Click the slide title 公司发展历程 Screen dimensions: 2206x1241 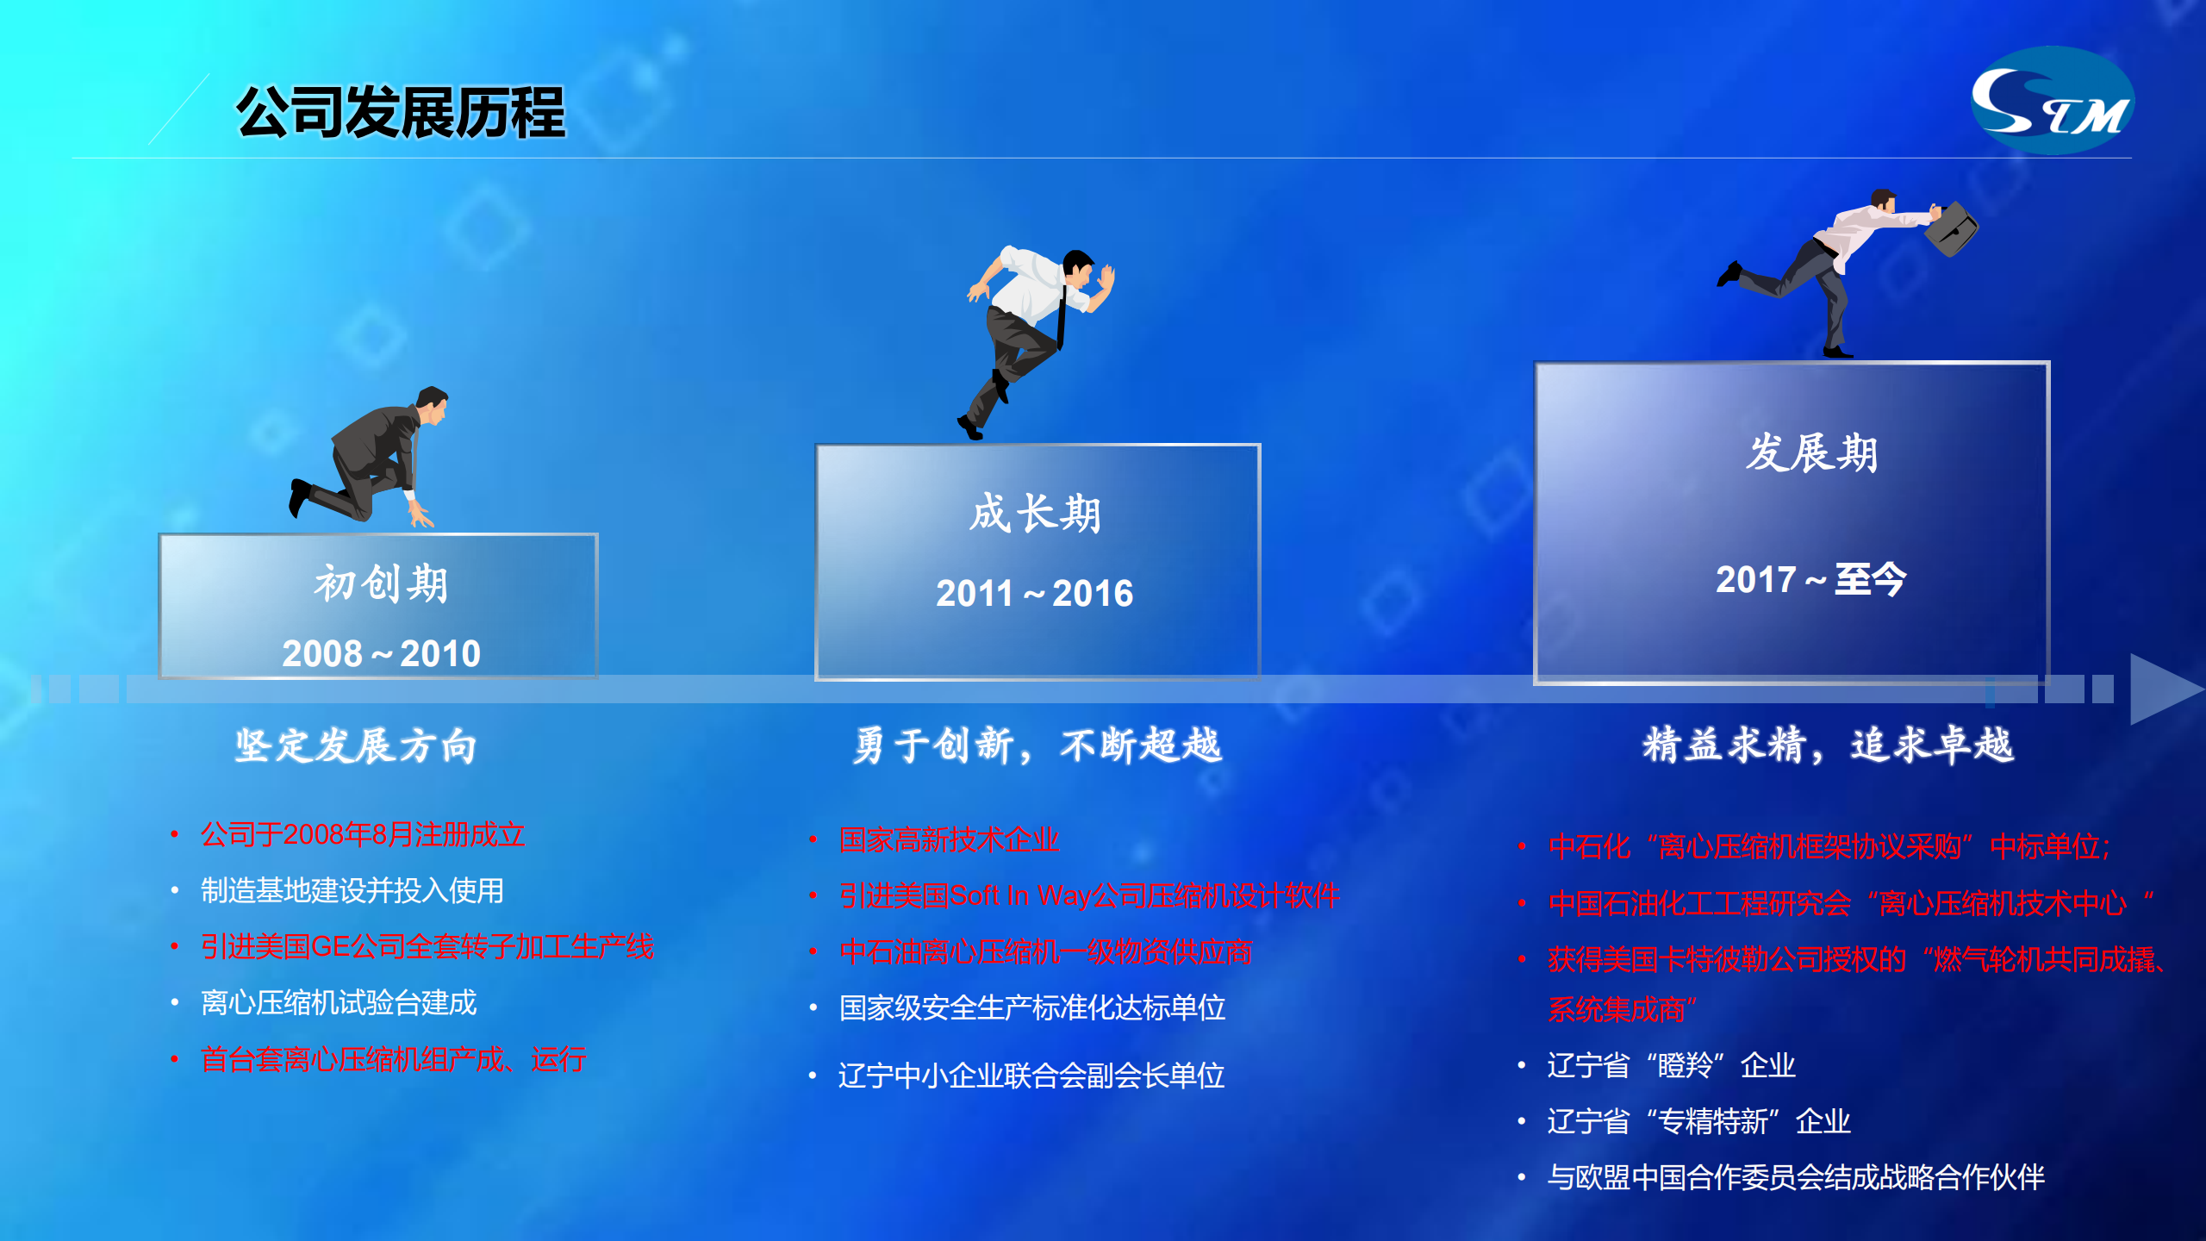pos(401,112)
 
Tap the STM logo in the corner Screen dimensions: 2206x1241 pos(2053,101)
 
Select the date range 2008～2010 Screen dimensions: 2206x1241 pos(381,653)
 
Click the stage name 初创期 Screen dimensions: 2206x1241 pos(381,583)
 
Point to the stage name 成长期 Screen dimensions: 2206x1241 pos(1036,514)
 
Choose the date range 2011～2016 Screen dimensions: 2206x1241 pos(1035,593)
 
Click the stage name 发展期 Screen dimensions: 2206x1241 pos(1811,452)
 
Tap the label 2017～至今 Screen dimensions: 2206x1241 pos(1810,579)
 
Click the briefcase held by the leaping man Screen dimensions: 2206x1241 pos(1951,228)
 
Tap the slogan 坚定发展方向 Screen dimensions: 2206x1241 pos(356,745)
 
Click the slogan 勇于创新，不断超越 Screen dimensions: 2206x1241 pos(1038,745)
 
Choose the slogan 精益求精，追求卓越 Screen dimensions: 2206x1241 pos(1828,745)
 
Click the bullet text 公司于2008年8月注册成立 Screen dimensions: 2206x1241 pos(363,834)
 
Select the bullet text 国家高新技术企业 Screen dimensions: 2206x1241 pos(949,839)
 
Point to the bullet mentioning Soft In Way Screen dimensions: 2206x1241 pos(1089,895)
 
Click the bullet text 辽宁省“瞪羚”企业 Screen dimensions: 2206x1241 pos(1672,1065)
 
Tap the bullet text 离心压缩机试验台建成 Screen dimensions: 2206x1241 pos(339,1002)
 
